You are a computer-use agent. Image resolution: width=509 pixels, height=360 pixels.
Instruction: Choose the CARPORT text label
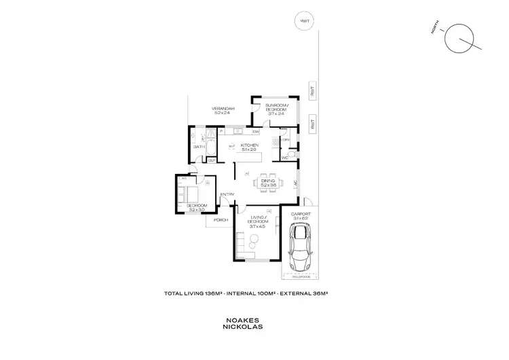tap(299, 213)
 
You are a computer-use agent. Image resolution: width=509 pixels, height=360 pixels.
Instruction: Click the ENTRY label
tap(226, 195)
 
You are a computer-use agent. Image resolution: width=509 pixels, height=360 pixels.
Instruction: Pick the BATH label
tap(200, 146)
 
